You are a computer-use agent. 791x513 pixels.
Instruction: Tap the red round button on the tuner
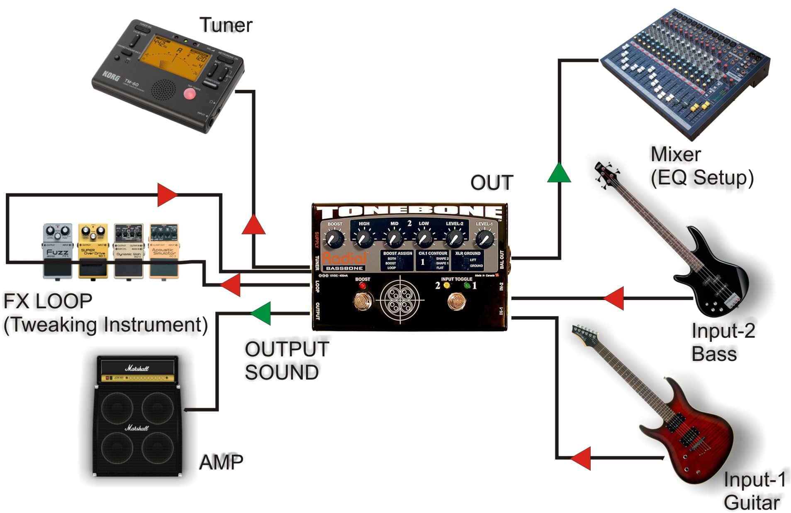coord(190,94)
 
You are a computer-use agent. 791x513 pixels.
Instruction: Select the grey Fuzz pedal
coord(58,251)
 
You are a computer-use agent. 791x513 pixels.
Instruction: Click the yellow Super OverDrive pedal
coord(93,251)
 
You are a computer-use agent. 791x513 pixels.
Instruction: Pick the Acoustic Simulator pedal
coord(164,251)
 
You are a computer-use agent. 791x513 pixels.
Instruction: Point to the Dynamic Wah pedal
coord(129,251)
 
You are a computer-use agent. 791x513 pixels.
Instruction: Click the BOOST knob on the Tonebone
coord(334,239)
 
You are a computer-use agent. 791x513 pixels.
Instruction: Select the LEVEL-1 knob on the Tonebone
coord(484,239)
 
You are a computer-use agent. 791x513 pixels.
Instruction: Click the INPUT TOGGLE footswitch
coord(456,301)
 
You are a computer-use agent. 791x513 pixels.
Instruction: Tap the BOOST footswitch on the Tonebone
coord(363,301)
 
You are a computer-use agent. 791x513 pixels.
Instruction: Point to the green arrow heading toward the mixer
coord(559,173)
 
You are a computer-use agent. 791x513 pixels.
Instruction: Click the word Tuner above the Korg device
coord(226,25)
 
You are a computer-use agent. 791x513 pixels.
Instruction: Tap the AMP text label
coord(221,462)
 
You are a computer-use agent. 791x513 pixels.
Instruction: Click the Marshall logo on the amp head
coord(137,368)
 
